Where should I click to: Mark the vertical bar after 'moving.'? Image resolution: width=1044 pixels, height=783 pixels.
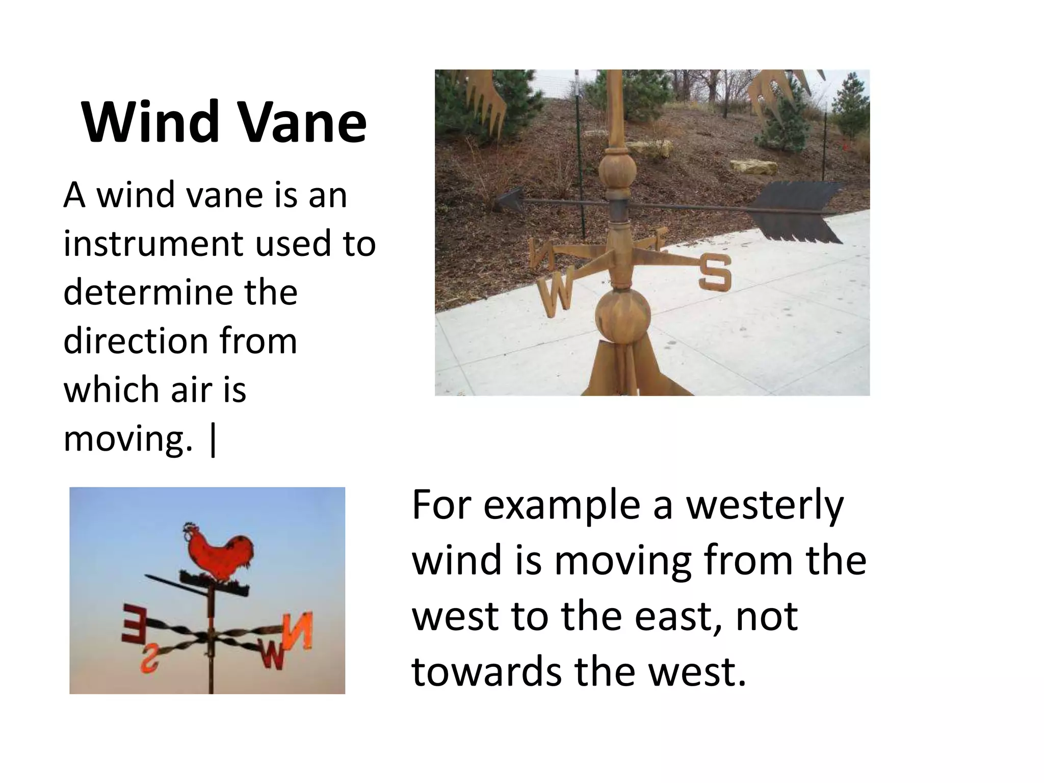213,439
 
